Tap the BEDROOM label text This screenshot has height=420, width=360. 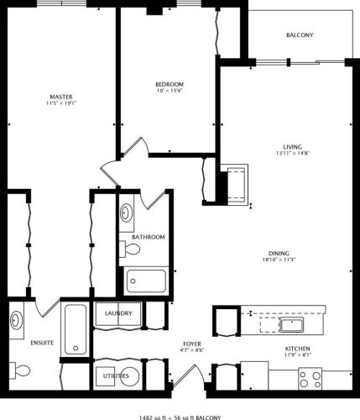coord(169,85)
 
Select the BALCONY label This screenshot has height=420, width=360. coord(300,34)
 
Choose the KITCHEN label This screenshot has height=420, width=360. coord(297,348)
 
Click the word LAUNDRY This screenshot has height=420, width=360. coord(118,314)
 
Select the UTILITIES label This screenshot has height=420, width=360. coord(117,376)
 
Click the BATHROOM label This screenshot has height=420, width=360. coord(148,237)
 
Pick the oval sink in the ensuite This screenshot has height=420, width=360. coord(17,321)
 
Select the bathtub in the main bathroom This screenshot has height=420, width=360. coord(147,280)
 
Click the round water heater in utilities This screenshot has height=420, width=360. coord(107,375)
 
